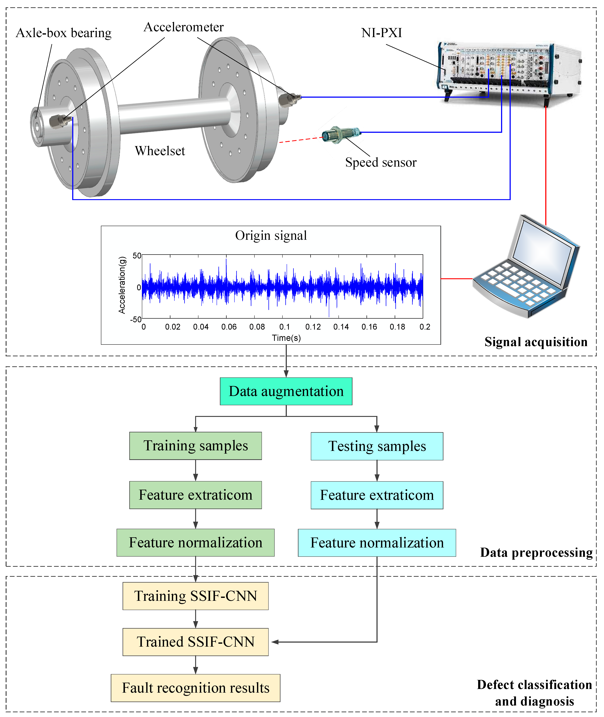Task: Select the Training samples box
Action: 196,446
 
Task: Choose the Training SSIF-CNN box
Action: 196,596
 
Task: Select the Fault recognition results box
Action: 196,688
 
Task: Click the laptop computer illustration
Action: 527,267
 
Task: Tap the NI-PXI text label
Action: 381,33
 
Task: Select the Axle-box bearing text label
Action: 64,33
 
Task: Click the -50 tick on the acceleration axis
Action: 136,319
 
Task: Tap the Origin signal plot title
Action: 271,236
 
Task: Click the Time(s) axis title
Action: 286,338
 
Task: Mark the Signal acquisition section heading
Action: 536,342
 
